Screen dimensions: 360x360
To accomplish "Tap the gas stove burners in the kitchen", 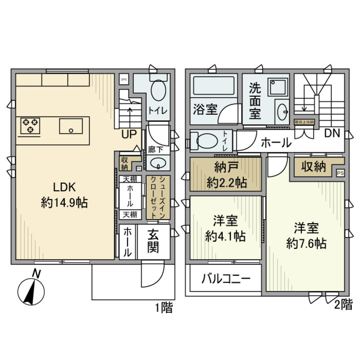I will point(30,126).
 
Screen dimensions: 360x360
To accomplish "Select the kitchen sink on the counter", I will point(70,126).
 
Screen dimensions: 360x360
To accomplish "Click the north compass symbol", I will point(31,289).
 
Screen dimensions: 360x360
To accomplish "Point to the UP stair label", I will point(129,134).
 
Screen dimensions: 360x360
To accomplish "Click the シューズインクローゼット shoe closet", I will point(158,197).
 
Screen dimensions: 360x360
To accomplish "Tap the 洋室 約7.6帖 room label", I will point(306,235).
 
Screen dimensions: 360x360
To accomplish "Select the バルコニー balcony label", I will point(226,279).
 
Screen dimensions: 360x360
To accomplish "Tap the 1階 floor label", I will point(164,308).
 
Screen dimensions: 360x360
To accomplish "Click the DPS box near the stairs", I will point(123,79).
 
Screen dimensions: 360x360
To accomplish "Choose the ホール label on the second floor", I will point(275,142).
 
